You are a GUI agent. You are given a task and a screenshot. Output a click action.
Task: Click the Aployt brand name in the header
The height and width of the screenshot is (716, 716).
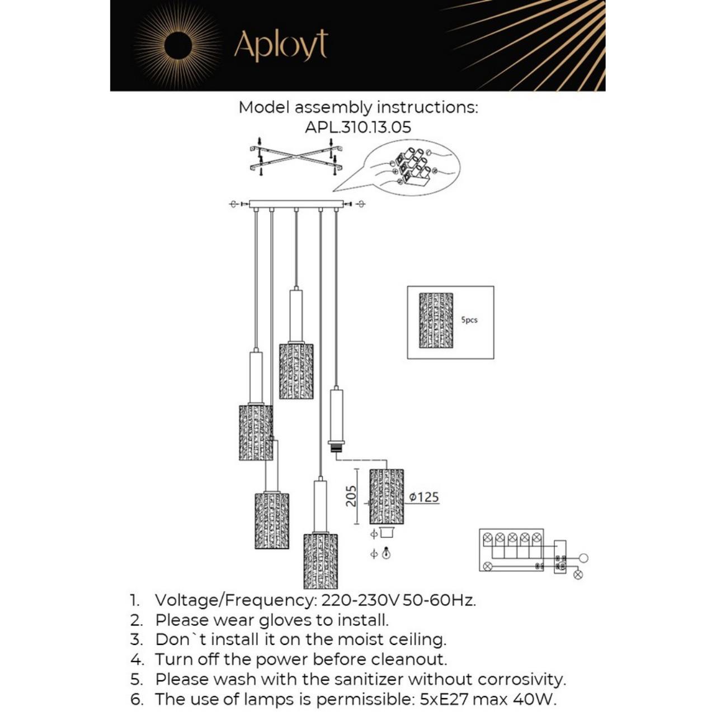[x=281, y=45]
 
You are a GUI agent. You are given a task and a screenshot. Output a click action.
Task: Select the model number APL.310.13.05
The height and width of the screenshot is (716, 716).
[x=358, y=127]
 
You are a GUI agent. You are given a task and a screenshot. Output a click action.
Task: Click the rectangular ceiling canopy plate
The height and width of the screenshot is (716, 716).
[x=296, y=204]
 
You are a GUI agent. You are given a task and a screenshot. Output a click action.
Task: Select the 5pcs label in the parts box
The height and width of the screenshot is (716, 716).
[x=469, y=320]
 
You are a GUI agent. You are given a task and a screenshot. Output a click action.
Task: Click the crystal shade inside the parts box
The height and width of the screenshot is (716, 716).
[x=436, y=320]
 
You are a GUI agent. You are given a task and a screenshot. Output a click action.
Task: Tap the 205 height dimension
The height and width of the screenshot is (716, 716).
[x=351, y=496]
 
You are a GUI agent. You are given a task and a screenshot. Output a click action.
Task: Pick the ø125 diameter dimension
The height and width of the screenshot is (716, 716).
[x=423, y=497]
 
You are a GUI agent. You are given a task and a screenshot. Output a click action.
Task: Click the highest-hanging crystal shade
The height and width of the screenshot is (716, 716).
[x=296, y=371]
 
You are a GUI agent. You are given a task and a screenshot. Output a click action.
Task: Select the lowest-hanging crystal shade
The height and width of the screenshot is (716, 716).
[x=321, y=561]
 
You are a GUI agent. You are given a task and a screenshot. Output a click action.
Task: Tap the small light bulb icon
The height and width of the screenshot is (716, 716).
[x=386, y=554]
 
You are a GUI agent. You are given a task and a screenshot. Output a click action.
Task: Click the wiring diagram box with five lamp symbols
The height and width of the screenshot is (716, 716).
[x=511, y=550]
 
